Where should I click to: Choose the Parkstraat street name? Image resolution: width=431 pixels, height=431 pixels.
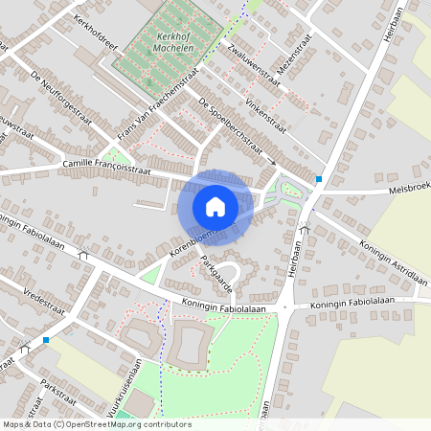pos(57,397)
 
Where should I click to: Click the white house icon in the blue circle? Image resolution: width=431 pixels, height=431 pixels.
pos(215,206)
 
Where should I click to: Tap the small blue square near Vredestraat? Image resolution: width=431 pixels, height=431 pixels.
pos(45,339)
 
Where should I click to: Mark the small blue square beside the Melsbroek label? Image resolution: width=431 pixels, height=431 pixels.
pos(318,178)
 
